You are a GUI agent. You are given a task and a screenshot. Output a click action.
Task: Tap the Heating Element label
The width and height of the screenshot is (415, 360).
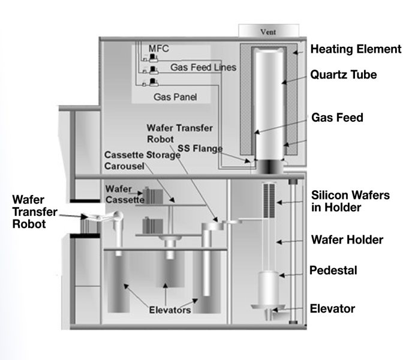pos(356,49)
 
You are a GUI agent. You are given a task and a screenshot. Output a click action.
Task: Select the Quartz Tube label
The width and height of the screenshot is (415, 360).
pos(343,75)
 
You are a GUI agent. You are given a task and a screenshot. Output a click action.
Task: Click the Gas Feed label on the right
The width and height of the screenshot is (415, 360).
pos(337,118)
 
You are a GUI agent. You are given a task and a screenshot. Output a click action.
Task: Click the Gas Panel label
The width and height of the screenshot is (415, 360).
pos(175,96)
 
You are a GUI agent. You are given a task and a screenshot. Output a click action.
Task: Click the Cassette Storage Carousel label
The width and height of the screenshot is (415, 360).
pos(142,160)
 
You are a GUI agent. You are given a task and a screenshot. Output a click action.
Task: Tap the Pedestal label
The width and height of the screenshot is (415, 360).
pos(333,271)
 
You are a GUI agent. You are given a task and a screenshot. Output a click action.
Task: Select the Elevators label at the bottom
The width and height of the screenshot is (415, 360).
pos(171,310)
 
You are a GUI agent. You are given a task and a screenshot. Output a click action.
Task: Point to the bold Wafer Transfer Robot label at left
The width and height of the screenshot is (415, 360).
pos(31,211)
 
